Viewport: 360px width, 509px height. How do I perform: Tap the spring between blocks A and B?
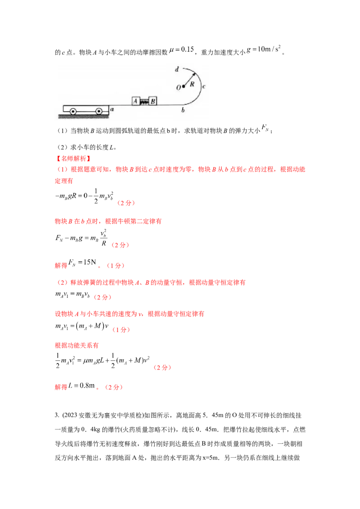[144, 102]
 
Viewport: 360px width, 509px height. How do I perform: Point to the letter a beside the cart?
[112, 109]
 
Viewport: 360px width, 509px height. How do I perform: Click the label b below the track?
[183, 110]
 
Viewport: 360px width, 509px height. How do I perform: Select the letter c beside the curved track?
[204, 86]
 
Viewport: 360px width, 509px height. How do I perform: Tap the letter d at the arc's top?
[177, 70]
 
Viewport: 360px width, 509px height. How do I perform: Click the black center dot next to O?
[184, 86]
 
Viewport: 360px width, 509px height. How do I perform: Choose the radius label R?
[192, 84]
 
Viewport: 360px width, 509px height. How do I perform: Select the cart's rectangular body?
[85, 108]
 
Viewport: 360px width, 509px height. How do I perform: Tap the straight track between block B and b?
[169, 105]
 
